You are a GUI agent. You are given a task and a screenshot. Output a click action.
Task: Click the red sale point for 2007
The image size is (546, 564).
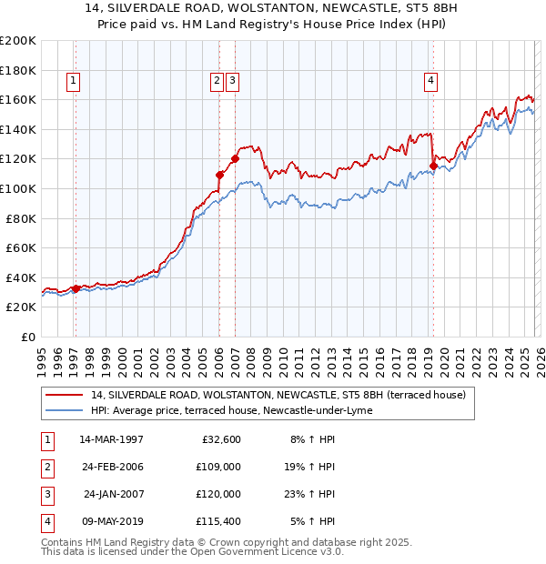point(235,158)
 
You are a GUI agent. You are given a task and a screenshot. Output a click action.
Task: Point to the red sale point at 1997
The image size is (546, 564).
point(76,288)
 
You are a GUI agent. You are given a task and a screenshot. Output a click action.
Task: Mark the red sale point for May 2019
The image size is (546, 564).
point(433,166)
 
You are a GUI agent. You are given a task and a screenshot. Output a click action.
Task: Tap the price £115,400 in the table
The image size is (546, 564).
point(219,521)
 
